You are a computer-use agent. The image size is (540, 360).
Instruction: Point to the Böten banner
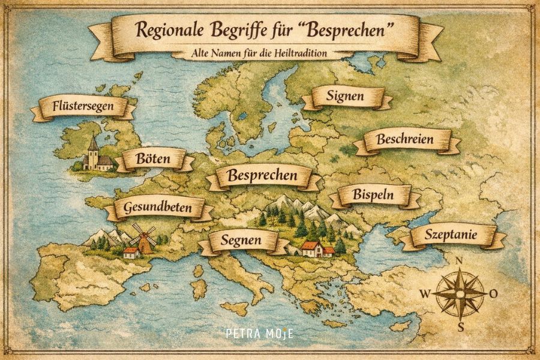(x=154, y=160)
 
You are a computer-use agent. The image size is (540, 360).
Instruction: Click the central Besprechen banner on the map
(x=263, y=176)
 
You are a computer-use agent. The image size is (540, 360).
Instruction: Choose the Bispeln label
(x=373, y=196)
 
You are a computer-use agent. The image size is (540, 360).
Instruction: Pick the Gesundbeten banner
(x=157, y=209)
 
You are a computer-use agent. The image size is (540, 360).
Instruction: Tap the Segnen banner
(x=239, y=241)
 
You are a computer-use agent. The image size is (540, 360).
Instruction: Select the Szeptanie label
(x=451, y=236)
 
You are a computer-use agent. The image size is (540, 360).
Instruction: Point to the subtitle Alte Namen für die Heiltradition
(x=257, y=53)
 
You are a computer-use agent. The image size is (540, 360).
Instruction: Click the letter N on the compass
(x=460, y=261)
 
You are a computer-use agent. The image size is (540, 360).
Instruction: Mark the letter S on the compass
(x=460, y=327)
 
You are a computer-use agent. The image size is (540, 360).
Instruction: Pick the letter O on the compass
(x=493, y=294)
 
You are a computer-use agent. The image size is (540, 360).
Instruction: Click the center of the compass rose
(x=460, y=294)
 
